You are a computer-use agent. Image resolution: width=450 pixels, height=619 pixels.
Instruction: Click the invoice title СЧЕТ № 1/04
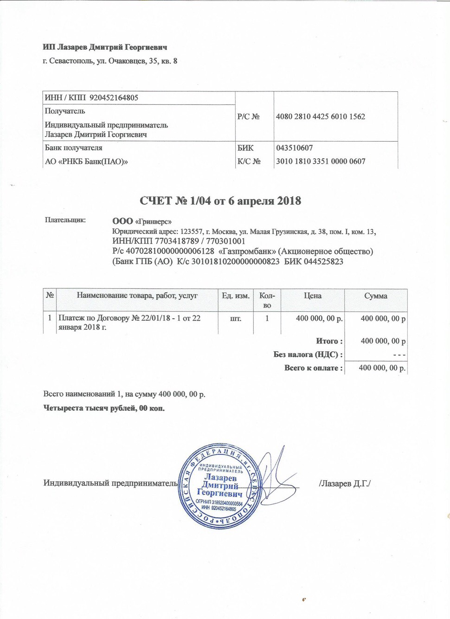(x=220, y=201)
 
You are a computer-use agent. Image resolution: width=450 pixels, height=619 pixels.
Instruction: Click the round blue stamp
(x=219, y=486)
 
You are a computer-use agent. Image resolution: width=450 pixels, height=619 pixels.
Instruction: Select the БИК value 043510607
(x=294, y=148)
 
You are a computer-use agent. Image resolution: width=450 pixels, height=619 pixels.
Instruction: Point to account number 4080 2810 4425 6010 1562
(x=320, y=116)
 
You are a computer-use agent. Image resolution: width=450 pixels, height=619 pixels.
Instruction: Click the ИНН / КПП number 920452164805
(x=114, y=98)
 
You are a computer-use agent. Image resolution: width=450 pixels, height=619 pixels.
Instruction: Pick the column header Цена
(x=312, y=296)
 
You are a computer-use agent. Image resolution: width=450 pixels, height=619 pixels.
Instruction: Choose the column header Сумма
(x=375, y=296)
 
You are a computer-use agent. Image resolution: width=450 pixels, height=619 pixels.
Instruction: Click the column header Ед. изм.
(x=235, y=296)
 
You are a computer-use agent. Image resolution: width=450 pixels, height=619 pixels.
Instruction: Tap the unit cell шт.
(x=236, y=319)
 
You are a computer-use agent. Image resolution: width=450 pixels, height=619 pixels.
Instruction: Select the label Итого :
(x=329, y=341)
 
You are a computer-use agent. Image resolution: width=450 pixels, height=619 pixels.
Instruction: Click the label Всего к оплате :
(x=314, y=368)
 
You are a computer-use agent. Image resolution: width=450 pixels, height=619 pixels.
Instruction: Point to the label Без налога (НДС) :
(x=308, y=355)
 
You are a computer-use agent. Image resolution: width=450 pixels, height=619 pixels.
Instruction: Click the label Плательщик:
(x=65, y=220)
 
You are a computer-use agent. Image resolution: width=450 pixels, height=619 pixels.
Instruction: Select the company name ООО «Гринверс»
(x=142, y=221)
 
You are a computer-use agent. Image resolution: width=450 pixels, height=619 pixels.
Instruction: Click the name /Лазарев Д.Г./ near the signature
(x=345, y=484)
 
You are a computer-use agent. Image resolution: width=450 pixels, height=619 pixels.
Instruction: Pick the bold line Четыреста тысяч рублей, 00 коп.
(x=104, y=408)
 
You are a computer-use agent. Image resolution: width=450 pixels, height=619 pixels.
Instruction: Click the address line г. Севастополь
(x=110, y=61)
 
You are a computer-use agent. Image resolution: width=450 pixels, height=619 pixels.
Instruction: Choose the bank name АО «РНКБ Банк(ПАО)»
(x=86, y=161)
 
